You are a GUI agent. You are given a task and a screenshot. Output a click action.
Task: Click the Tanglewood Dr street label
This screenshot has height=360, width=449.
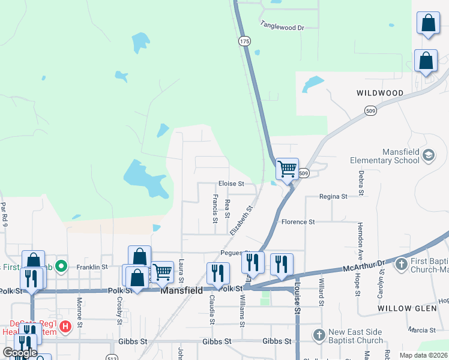pos(282,26)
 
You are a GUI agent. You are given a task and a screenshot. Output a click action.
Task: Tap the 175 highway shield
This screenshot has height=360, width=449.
pos(244,41)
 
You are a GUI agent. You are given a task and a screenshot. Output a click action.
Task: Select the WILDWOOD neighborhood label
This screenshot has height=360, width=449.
pos(380,93)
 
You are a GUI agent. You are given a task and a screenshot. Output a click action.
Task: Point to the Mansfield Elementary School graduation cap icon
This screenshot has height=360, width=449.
pos(428,156)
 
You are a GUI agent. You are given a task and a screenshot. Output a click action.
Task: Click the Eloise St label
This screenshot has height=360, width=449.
pos(231,184)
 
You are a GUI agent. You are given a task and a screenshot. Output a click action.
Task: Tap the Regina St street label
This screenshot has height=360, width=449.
pos(333,196)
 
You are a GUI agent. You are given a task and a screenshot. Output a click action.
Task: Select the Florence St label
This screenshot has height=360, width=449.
pos(298,222)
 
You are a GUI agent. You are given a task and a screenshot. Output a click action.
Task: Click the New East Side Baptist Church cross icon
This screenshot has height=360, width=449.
pos(319,334)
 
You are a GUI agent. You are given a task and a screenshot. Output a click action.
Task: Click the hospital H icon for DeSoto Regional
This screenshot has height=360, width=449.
pos(65,327)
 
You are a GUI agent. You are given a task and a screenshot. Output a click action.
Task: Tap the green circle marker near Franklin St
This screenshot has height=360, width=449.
pos(61,265)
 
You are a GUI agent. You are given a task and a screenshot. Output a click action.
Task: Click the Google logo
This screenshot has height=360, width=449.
pos(20,353)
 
